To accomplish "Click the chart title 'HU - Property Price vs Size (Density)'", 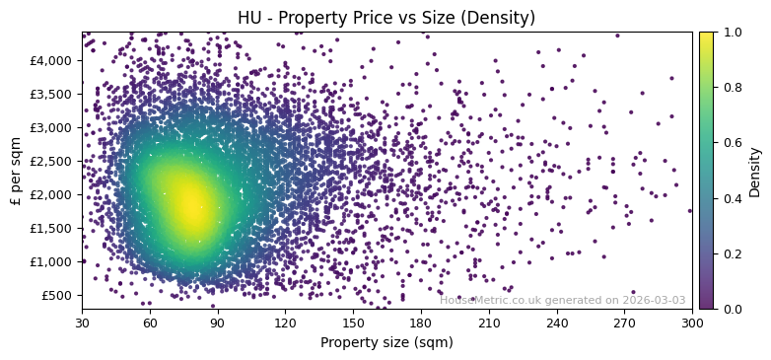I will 386,18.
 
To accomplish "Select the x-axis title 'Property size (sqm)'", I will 386,343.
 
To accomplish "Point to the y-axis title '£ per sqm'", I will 16,171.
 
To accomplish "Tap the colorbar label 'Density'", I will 755,171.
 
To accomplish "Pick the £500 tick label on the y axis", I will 57,295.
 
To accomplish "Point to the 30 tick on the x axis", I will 82,323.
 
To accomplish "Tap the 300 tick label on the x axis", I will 692,323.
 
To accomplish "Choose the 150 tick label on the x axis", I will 353,323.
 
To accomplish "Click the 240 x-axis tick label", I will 556,323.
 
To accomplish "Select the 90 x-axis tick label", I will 217,323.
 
